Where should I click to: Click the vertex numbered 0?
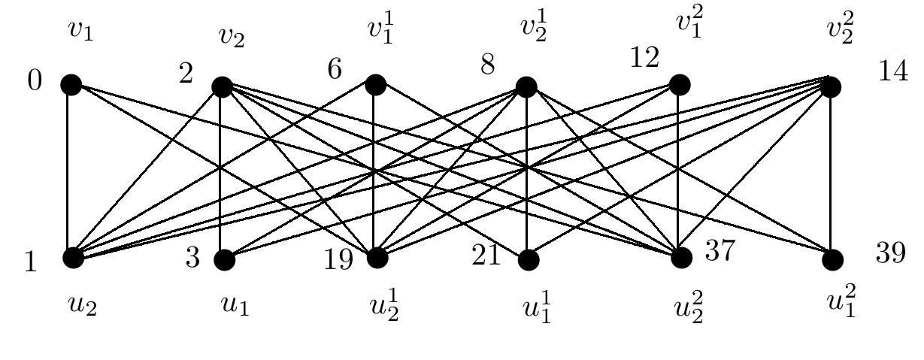coord(71,85)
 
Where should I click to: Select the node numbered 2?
coord(222,87)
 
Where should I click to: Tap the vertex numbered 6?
coord(375,85)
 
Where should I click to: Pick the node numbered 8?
coord(526,87)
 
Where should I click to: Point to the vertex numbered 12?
coord(679,85)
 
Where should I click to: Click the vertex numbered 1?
coord(73,258)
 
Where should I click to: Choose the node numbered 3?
coord(224,260)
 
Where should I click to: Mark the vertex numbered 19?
coord(377,258)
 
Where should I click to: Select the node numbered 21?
coord(529,260)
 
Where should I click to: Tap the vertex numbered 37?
coord(681,258)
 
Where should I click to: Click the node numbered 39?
coord(832,260)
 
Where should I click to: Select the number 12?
coord(644,57)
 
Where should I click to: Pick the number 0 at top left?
coord(35,80)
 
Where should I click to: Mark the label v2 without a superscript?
coord(232,37)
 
